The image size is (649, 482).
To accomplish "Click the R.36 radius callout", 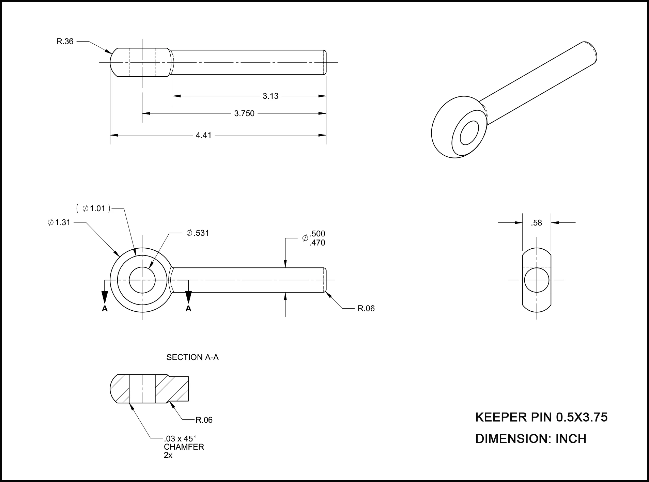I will point(65,42).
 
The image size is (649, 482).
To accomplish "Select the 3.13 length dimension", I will point(270,96).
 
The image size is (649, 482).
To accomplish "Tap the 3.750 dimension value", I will point(244,113).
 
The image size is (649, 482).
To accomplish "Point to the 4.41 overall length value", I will point(203,135).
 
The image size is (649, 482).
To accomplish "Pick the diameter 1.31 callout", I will point(59,222).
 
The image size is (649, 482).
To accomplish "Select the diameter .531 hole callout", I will point(198,233).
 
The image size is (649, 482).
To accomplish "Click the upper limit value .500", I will point(317,234).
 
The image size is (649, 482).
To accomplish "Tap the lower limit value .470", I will point(317,243).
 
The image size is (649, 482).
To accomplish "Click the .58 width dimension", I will point(536,223).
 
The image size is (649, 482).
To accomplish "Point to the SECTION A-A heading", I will point(192,357).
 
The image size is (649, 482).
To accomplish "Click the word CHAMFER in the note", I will point(184,447).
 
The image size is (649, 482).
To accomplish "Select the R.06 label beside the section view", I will point(204,420).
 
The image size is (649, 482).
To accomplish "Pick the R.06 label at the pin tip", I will point(366,309).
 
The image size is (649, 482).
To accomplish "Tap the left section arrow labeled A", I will point(105,309).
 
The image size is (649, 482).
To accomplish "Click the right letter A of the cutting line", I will point(188,309).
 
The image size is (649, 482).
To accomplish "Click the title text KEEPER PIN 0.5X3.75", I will point(541,417).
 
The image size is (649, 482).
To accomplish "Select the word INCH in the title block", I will point(571,439).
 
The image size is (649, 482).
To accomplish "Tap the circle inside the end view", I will point(537,280).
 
